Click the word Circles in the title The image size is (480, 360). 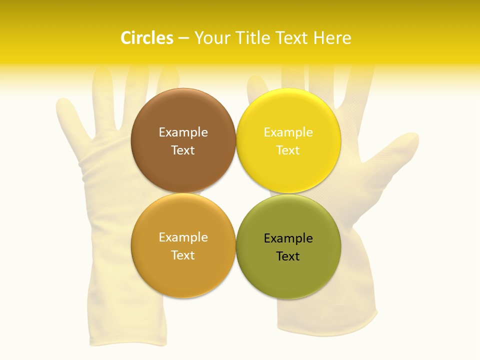point(147,38)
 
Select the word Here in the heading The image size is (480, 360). point(332,38)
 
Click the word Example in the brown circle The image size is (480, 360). point(183,132)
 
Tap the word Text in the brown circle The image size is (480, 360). point(183,150)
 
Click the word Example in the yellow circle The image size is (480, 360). point(288,132)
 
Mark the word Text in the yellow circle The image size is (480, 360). point(288,150)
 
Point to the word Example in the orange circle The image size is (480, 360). point(183,237)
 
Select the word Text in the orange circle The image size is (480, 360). point(183,255)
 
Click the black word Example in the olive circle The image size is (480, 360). point(288,238)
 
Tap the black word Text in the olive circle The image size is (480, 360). point(288,256)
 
